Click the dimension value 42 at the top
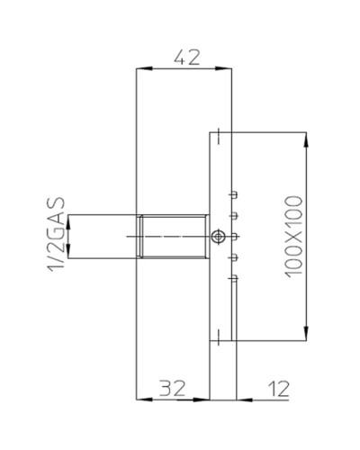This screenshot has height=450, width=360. pyautogui.click(x=185, y=56)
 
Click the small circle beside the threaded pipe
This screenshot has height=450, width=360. pyautogui.click(x=217, y=237)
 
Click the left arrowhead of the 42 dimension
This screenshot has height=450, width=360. pyautogui.click(x=139, y=69)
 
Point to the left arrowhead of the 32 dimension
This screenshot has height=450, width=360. pyautogui.click(x=139, y=399)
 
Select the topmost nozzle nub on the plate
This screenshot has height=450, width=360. pyautogui.click(x=233, y=193)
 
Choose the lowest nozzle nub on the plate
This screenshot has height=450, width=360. pyautogui.click(x=233, y=280)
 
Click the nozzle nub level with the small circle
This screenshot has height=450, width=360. pyautogui.click(x=233, y=237)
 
